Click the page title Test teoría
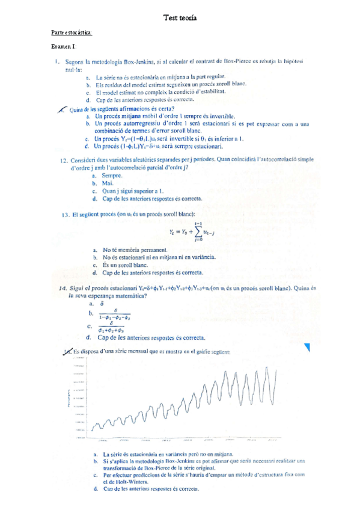click(180, 19)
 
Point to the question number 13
click(64, 214)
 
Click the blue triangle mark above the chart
click(308, 347)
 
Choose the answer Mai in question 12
click(108, 183)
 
